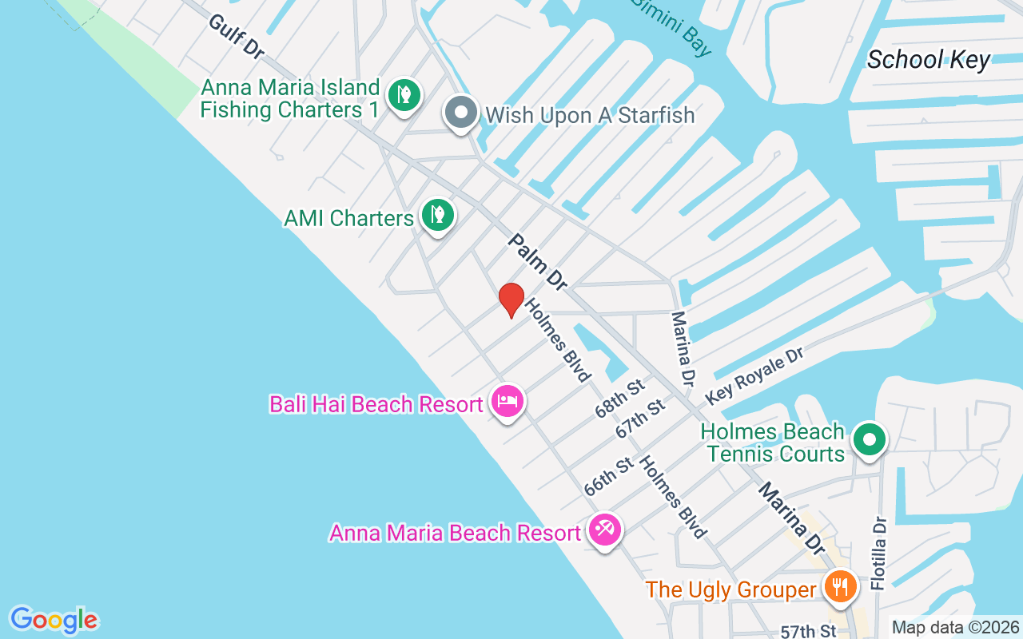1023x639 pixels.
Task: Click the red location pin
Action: [511, 300]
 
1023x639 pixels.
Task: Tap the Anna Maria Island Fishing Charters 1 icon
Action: [404, 95]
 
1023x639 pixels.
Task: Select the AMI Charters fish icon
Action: [437, 215]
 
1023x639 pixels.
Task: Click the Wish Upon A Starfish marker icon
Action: [461, 113]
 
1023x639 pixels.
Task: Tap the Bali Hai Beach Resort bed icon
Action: [508, 401]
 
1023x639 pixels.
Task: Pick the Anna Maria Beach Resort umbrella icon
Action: [605, 529]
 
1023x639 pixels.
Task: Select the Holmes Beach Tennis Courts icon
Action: [870, 440]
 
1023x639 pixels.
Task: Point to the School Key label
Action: [928, 60]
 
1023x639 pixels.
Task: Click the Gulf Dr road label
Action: [236, 36]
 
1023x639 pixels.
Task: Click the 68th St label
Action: [619, 399]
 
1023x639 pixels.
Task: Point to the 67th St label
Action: [640, 419]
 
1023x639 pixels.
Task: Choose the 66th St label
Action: [609, 477]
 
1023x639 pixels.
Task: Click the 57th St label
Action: [808, 631]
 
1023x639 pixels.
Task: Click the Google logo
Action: [54, 620]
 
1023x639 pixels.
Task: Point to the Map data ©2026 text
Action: [956, 628]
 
